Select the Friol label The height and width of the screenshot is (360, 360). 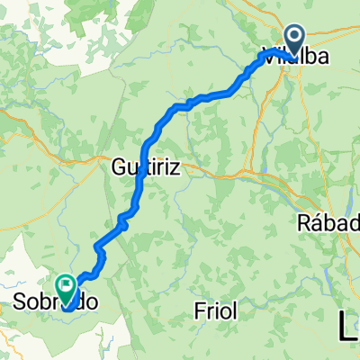(215, 311)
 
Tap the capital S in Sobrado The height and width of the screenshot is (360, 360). (22, 303)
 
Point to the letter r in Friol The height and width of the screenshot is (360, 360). (210, 311)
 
